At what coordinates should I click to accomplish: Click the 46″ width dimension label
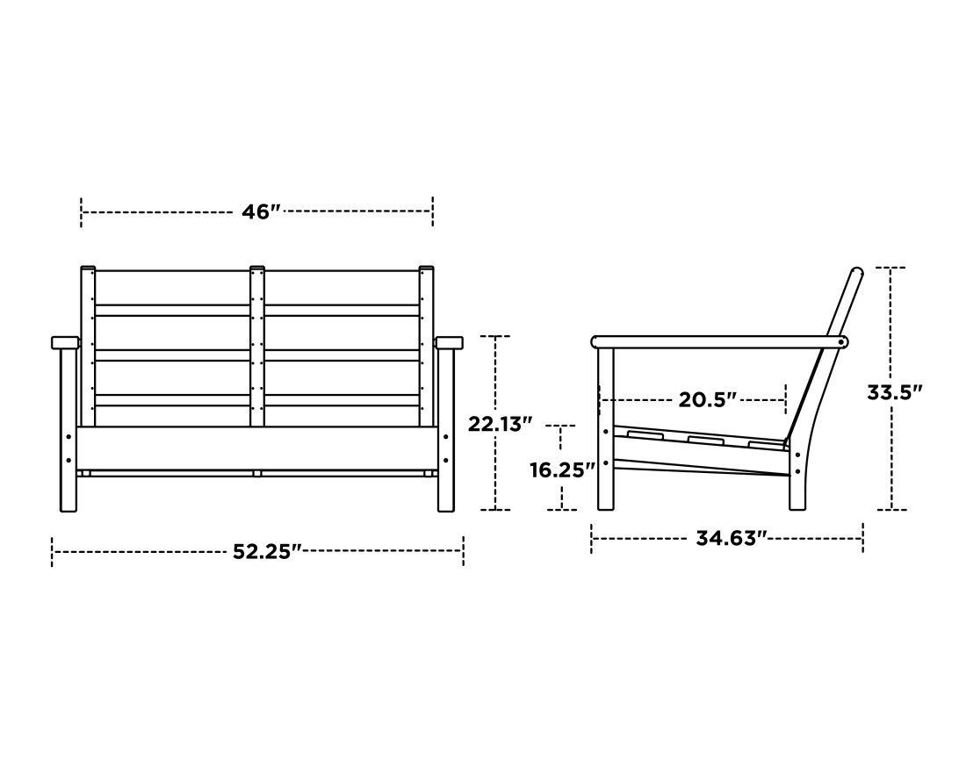(261, 212)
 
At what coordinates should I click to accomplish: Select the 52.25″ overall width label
(267, 552)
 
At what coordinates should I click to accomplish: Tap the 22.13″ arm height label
(500, 424)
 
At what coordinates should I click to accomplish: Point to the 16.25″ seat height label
(562, 470)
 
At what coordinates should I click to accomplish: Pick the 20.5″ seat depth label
(707, 400)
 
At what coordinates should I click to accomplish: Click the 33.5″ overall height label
(894, 392)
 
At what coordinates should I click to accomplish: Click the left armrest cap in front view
(65, 342)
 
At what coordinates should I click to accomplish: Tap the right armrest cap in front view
(449, 342)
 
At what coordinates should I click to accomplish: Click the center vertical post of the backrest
(257, 347)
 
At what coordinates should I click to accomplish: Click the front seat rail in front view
(256, 448)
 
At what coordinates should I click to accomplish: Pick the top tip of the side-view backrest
(857, 272)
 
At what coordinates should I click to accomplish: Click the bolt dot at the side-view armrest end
(842, 342)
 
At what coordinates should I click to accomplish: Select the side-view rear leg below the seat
(797, 483)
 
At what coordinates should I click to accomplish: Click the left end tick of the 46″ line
(82, 212)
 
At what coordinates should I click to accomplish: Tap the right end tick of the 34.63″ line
(863, 538)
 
